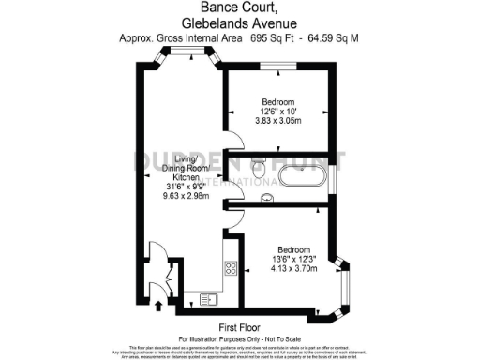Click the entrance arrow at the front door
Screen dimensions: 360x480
[x=157, y=305]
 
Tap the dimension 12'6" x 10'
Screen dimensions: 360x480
[x=277, y=112]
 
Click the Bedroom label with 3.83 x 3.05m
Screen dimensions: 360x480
[x=277, y=101]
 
